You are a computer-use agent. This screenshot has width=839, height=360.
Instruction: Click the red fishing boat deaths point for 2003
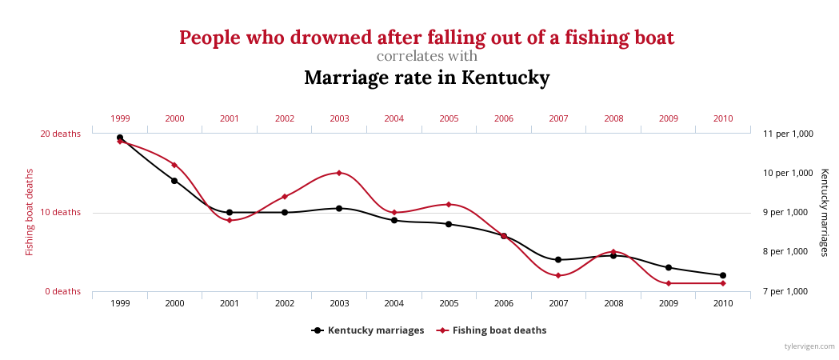pyautogui.click(x=339, y=173)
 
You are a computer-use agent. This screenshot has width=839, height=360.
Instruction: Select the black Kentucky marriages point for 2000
pyautogui.click(x=174, y=181)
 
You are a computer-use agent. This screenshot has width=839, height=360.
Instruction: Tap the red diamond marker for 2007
pyautogui.click(x=558, y=275)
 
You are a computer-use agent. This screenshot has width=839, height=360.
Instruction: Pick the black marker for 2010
pyautogui.click(x=723, y=275)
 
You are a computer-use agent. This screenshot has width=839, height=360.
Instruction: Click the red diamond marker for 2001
pyautogui.click(x=230, y=220)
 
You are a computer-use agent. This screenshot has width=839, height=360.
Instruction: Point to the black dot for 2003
pyautogui.click(x=339, y=208)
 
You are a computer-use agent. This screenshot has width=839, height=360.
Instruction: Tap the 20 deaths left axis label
pyautogui.click(x=61, y=134)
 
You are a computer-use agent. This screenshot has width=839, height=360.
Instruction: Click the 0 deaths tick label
pyautogui.click(x=62, y=291)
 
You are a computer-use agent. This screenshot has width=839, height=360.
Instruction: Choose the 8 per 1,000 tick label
pyautogui.click(x=788, y=252)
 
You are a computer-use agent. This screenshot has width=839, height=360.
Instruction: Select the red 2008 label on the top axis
pyautogui.click(x=613, y=118)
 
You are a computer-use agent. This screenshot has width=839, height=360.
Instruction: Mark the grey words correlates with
pyautogui.click(x=426, y=57)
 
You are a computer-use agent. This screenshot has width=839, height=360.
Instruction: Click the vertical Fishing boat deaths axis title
pyautogui.click(x=30, y=212)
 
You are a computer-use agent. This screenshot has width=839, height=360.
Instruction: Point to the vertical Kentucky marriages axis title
pyautogui.click(x=825, y=212)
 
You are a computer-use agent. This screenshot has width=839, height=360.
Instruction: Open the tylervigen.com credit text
pyautogui.click(x=809, y=346)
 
